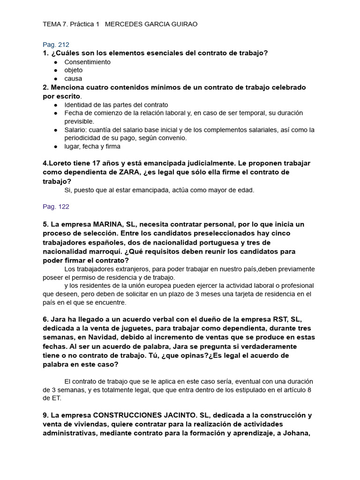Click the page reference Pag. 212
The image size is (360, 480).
point(56,45)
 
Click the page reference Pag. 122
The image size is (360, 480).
point(56,206)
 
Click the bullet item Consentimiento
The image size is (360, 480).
point(87,62)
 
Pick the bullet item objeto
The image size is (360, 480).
point(73,70)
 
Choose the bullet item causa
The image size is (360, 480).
point(73,79)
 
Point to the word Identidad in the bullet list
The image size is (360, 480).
point(78,105)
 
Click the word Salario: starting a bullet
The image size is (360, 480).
point(76,130)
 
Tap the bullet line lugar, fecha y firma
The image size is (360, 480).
point(92,146)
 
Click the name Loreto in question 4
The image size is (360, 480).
point(60,164)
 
